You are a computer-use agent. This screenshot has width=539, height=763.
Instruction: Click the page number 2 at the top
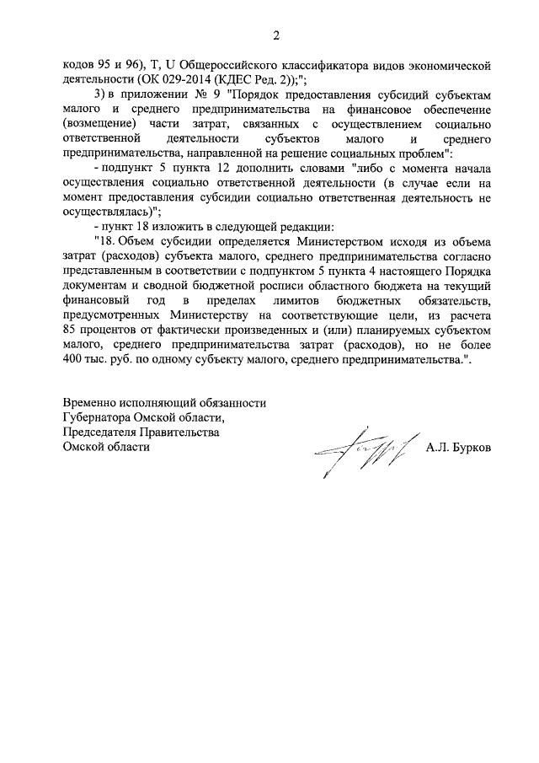click(x=275, y=35)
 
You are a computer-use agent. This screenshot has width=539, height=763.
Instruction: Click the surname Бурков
click(x=470, y=447)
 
